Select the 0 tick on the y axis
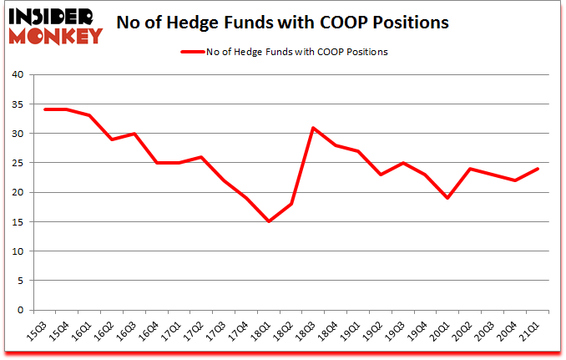pos(25,311)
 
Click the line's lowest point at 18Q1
pos(269,221)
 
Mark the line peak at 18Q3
pos(313,128)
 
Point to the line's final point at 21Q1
pos(537,169)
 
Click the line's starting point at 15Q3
pos(45,109)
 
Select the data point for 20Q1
pos(447,198)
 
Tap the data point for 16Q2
pos(112,139)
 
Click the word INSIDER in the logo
pos(52,17)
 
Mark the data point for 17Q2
pos(201,157)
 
